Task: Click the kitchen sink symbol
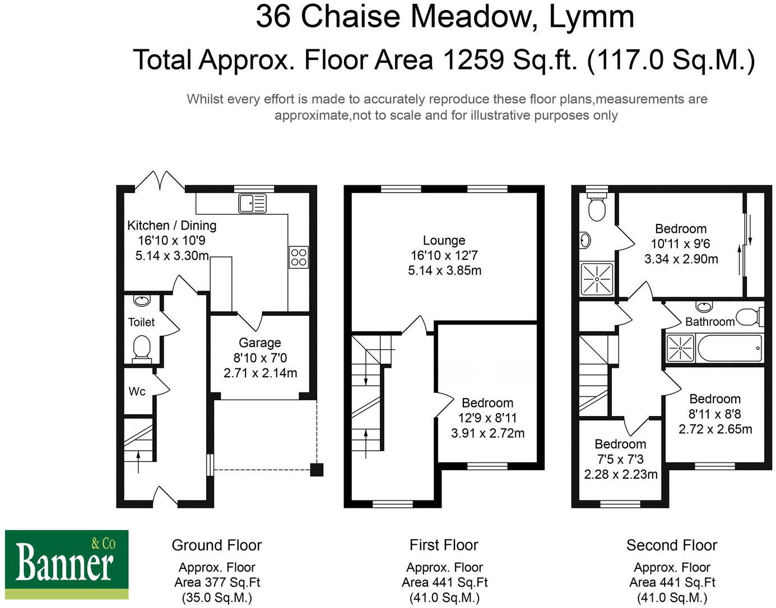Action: [252, 203]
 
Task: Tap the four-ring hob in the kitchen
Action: [299, 257]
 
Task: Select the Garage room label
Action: [259, 343]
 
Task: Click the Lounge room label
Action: [444, 241]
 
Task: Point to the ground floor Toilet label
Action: [141, 322]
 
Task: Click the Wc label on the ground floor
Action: [137, 391]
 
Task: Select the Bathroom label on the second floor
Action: [709, 321]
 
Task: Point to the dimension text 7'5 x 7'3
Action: [620, 459]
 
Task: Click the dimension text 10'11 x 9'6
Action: [680, 244]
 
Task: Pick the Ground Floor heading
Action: [216, 545]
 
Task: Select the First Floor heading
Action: [444, 545]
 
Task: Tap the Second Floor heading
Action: [671, 545]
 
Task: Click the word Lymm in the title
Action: [591, 17]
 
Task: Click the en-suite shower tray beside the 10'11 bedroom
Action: [597, 278]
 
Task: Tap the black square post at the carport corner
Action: [317, 469]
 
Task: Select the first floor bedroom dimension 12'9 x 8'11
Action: [487, 418]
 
